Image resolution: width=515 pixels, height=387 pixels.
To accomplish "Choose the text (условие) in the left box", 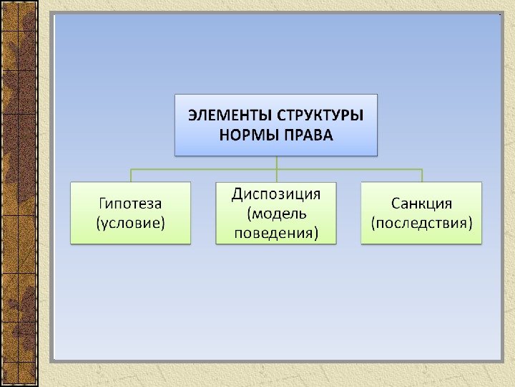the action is point(131,222).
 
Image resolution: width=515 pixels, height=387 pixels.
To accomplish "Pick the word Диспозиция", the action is point(276,194).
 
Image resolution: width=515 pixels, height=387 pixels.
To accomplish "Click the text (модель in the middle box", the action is point(276,214).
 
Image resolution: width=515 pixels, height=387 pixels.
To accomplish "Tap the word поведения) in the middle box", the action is point(276,233).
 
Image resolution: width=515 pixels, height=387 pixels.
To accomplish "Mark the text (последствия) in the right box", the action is point(421,222).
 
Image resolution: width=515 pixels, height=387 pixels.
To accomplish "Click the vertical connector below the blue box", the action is point(276,162).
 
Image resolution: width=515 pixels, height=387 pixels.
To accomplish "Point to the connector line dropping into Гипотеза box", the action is point(131,176).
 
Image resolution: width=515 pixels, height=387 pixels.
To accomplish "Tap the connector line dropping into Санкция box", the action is point(422,176).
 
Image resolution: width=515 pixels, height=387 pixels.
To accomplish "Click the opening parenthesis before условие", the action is point(99,223).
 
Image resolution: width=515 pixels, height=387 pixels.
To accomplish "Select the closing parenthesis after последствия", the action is point(471,223).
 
